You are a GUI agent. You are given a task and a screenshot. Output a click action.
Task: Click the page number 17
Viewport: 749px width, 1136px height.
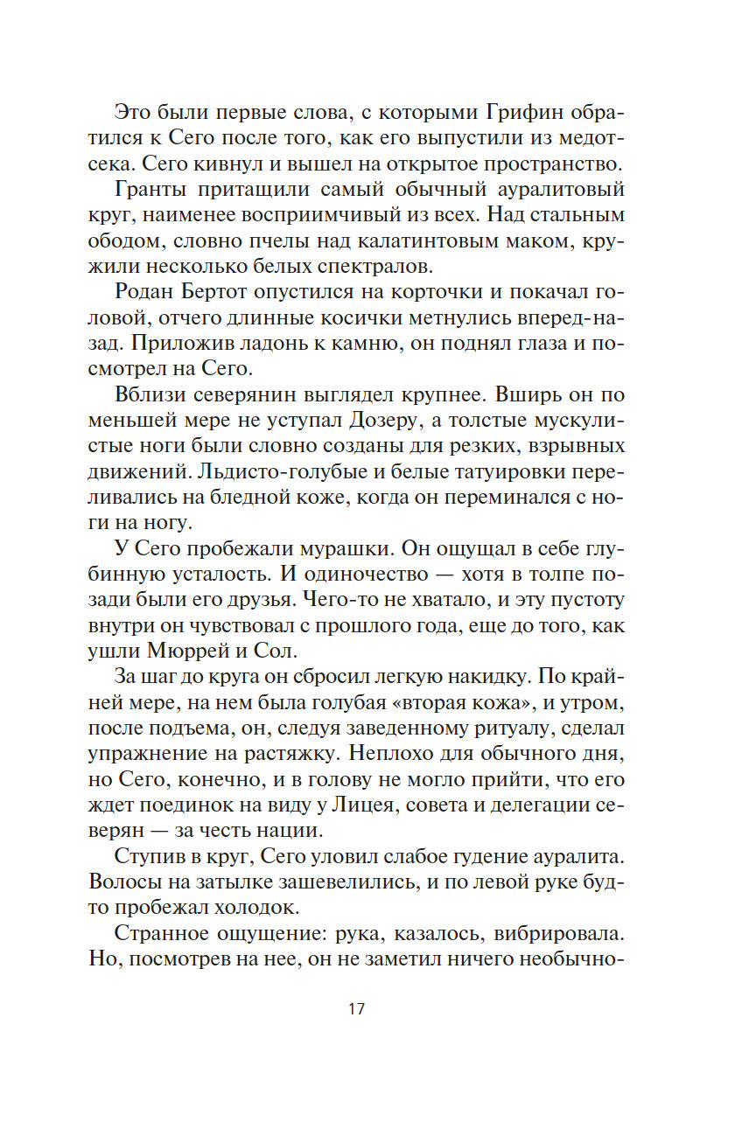tap(355, 1008)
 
